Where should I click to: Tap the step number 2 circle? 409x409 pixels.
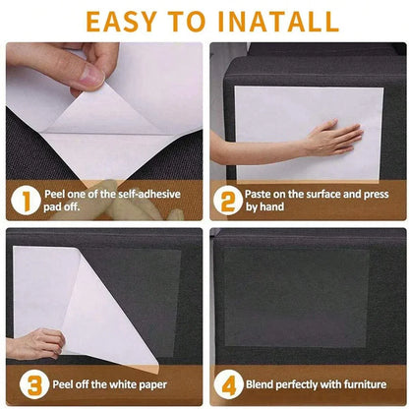pos(227,201)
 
